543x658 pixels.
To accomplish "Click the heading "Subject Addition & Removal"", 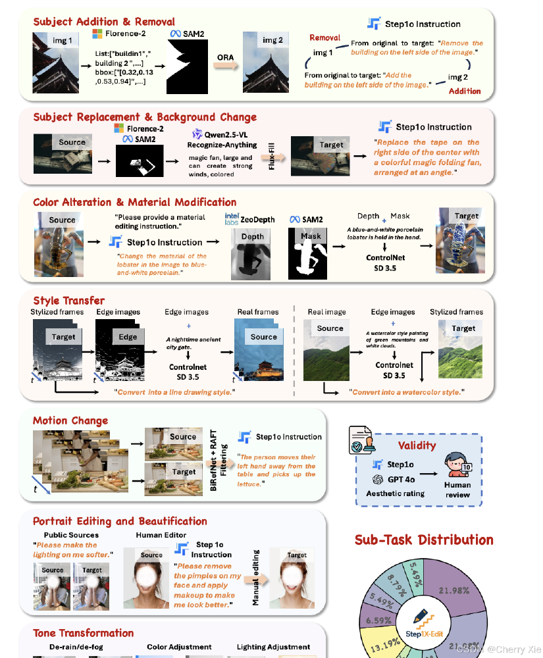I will point(104,22).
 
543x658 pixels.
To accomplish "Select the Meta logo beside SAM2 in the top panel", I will point(176,33).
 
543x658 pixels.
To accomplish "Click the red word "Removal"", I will point(324,38).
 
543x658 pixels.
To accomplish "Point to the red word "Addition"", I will point(465,91).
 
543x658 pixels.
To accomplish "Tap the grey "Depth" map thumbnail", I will point(252,253).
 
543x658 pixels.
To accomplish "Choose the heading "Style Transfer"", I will point(68,301).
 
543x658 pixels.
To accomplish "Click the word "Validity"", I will point(417,445).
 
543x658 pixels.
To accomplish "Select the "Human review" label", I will point(457,490).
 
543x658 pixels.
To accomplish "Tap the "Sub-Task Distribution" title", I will point(424,540).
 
